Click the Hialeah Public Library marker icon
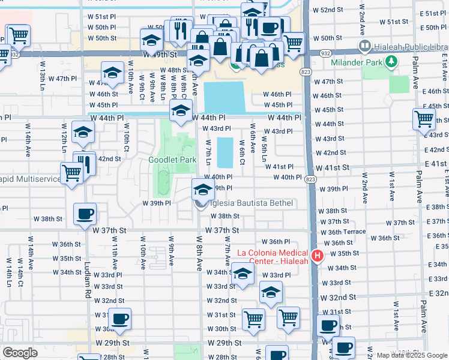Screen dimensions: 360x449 pyautogui.click(x=364, y=46)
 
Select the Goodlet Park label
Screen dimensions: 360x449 pyautogui.click(x=173, y=160)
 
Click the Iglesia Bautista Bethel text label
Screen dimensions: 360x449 pyautogui.click(x=251, y=204)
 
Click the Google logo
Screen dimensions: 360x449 pyautogui.click(x=20, y=353)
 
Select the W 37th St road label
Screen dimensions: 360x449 pyautogui.click(x=223, y=230)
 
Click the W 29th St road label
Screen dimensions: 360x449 pyautogui.click(x=223, y=343)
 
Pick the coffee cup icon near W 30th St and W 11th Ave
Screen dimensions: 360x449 pyautogui.click(x=119, y=318)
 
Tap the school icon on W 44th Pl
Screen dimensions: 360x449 pyautogui.click(x=181, y=110)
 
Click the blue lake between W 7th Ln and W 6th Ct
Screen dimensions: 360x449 pyautogui.click(x=224, y=152)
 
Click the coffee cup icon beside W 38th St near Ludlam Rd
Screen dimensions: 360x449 pyautogui.click(x=85, y=214)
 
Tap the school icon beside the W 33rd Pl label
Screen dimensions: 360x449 pyautogui.click(x=243, y=275)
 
